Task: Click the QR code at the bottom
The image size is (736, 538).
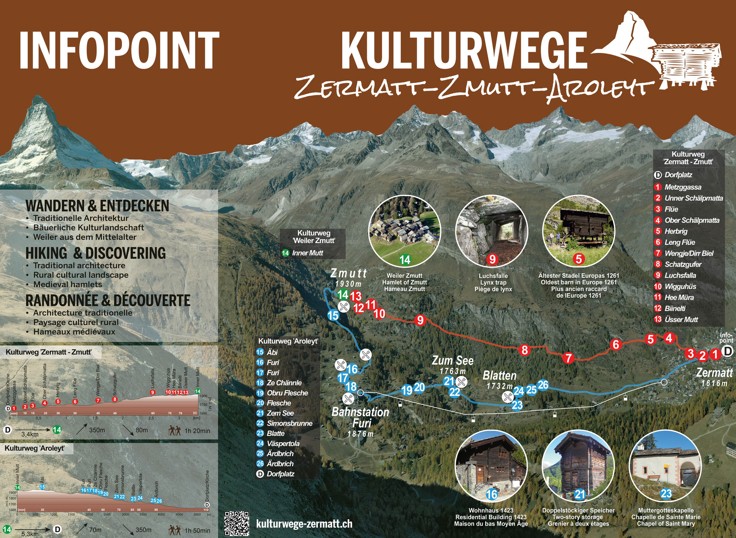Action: [x=237, y=523]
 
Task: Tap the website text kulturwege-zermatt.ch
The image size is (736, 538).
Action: [x=304, y=524]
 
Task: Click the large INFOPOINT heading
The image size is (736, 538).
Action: [x=119, y=50]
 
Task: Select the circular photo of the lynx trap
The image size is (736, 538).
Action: [x=492, y=231]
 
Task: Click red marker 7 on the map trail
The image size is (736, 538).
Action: [x=568, y=358]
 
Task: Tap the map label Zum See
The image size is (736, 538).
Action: [x=452, y=361]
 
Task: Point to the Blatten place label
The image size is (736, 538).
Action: [x=499, y=376]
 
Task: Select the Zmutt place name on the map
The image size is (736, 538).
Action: [x=349, y=273]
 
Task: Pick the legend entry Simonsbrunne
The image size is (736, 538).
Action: [x=289, y=423]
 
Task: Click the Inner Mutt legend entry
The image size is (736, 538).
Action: [x=307, y=253]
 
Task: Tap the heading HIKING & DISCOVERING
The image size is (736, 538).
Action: [x=95, y=253]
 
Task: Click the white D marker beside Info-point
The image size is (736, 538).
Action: [x=727, y=352]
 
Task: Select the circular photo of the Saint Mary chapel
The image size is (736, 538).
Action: [x=665, y=466]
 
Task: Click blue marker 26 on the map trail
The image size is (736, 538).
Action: [x=543, y=385]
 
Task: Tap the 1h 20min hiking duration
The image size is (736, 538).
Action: [x=197, y=431]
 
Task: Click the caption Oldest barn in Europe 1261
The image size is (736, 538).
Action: [x=579, y=282]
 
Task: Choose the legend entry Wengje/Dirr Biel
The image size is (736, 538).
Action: [x=689, y=253]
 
